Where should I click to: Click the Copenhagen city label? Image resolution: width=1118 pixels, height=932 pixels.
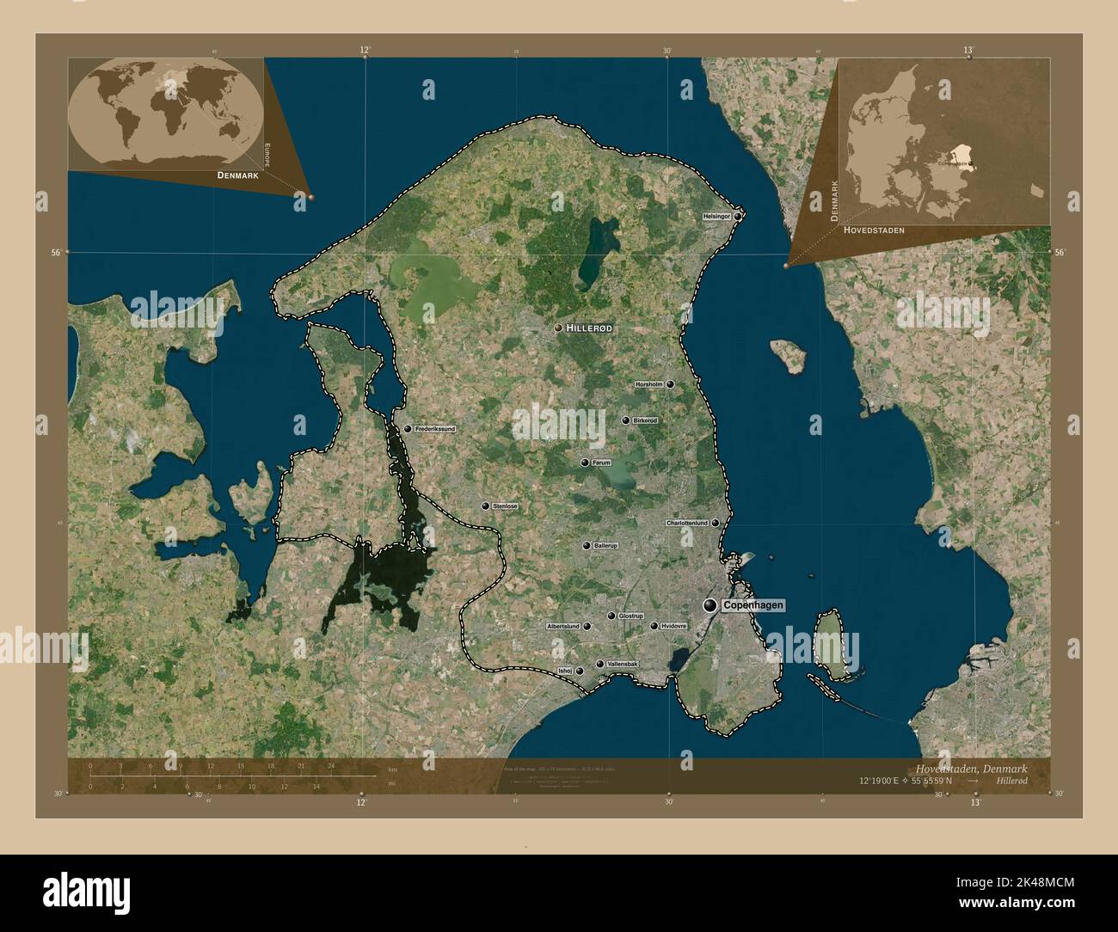point(753,606)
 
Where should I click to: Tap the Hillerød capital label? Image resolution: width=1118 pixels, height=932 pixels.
point(589,328)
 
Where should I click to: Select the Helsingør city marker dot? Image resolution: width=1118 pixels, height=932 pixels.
point(738,217)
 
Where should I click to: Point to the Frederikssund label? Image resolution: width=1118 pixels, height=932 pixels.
point(434,428)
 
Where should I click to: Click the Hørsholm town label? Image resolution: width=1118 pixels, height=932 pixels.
point(648,384)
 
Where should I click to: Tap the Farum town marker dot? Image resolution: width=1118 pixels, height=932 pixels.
point(585,463)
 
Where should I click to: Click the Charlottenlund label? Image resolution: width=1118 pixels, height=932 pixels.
point(686,523)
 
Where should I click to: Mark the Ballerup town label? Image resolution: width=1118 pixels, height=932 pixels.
point(605,546)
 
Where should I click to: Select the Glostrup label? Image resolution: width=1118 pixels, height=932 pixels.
point(630,616)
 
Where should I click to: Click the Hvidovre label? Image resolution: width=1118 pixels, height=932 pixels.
point(674,627)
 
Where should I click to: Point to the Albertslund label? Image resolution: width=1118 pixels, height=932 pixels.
point(563,627)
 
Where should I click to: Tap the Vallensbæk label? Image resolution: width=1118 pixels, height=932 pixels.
point(622,665)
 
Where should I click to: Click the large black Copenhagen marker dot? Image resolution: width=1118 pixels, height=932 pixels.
point(710,606)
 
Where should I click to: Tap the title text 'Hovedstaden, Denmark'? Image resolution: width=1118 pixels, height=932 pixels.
point(971,767)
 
